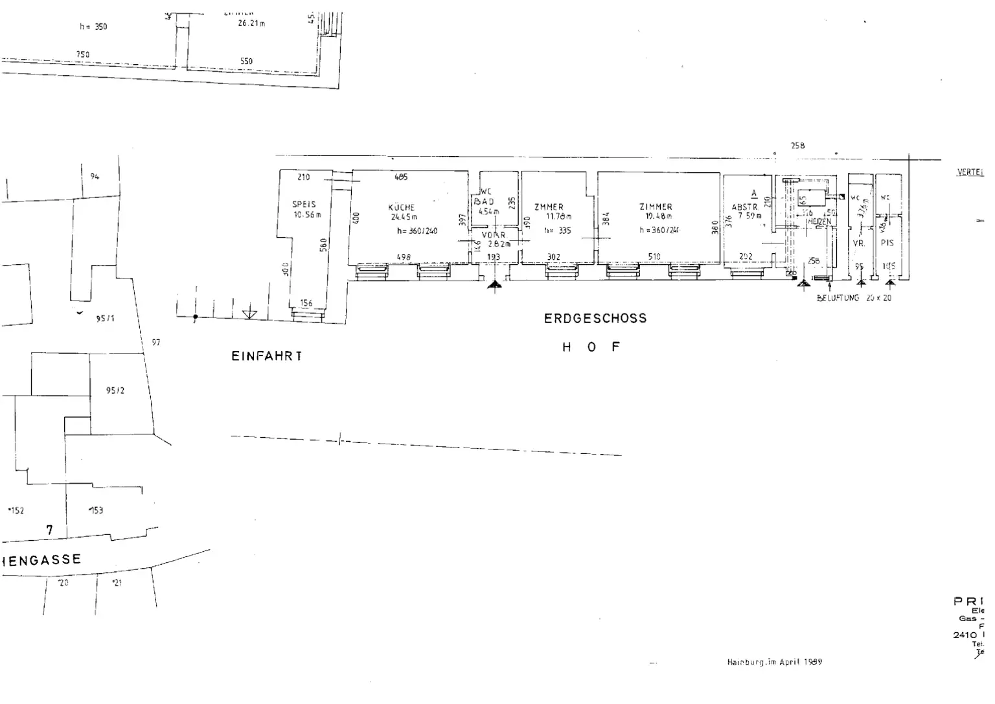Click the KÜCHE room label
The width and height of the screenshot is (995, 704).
pyautogui.click(x=401, y=207)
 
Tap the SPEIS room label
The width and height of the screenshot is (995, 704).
pyautogui.click(x=304, y=204)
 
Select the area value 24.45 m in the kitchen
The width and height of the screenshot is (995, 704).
pyautogui.click(x=404, y=217)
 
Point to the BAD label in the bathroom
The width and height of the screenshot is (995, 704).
pyautogui.click(x=486, y=201)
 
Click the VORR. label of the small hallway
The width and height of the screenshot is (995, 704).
pyautogui.click(x=494, y=235)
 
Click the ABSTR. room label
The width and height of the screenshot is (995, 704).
pyautogui.click(x=745, y=207)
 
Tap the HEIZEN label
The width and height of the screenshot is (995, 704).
pyautogui.click(x=819, y=221)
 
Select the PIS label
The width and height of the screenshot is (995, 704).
pyautogui.click(x=887, y=243)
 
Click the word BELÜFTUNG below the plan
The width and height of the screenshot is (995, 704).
pyautogui.click(x=838, y=299)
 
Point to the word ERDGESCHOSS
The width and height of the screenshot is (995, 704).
pyautogui.click(x=595, y=318)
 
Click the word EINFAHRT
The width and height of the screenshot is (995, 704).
pyautogui.click(x=267, y=356)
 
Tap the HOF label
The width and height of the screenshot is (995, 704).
pyautogui.click(x=591, y=347)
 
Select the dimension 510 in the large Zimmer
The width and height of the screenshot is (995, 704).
pyautogui.click(x=654, y=256)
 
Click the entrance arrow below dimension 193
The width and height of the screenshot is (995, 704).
pyautogui.click(x=494, y=284)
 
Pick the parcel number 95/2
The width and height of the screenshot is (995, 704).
pyautogui.click(x=115, y=391)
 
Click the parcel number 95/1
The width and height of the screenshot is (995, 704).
pyautogui.click(x=105, y=319)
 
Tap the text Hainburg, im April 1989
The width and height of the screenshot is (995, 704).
pyautogui.click(x=774, y=662)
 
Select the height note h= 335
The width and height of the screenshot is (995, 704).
pyautogui.click(x=557, y=230)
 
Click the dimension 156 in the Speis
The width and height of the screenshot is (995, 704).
pyautogui.click(x=306, y=303)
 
